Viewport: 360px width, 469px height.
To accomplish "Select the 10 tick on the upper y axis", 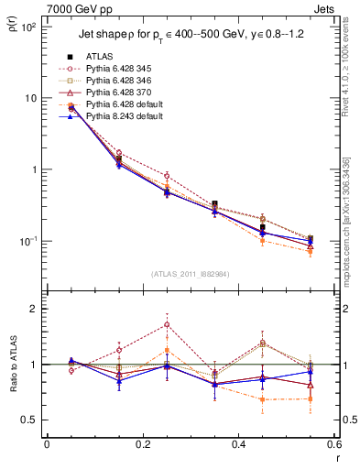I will click(x=33, y=98).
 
